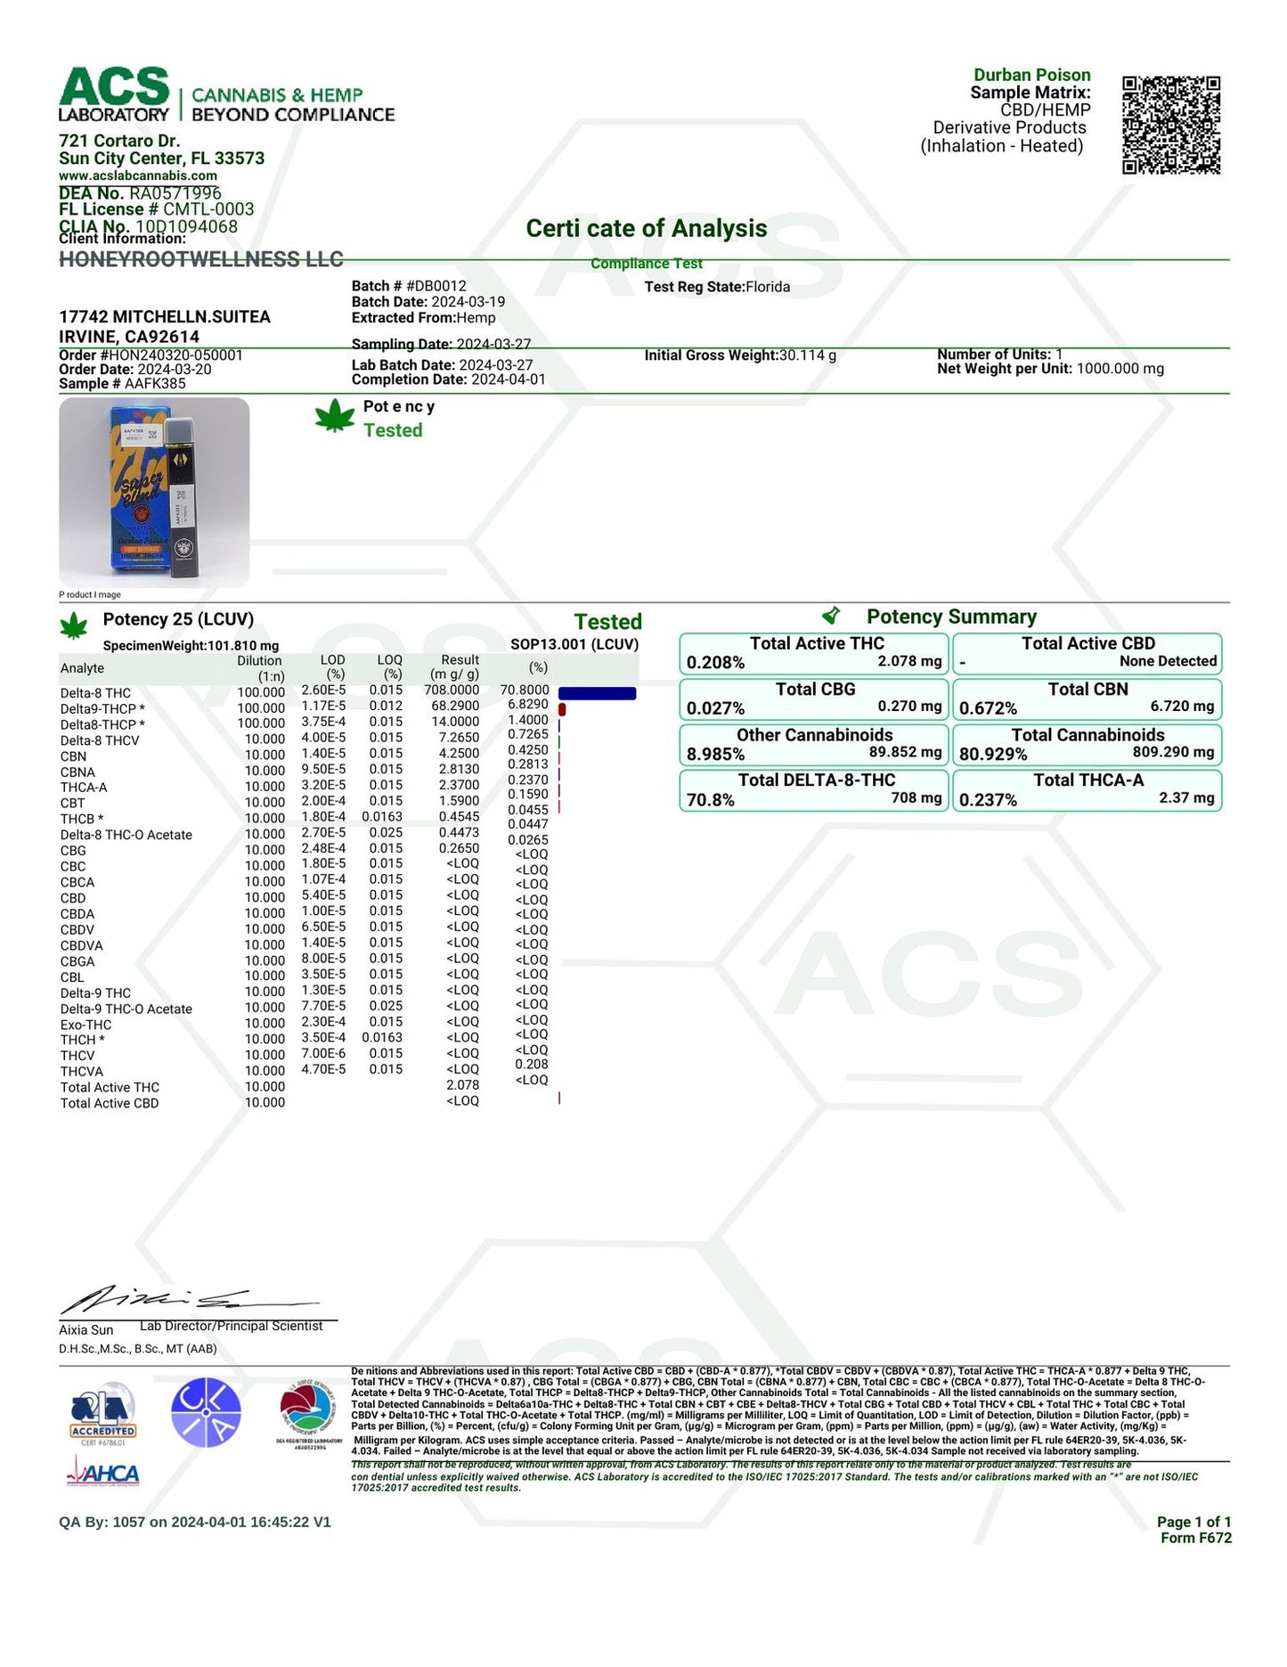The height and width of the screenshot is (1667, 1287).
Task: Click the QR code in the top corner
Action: [x=1170, y=125]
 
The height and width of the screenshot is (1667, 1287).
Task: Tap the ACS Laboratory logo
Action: [x=114, y=94]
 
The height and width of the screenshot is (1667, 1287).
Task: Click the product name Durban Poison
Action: [x=1031, y=75]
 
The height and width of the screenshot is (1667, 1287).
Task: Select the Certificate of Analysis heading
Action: [x=646, y=229]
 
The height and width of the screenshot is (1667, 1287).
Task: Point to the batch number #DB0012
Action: [x=436, y=286]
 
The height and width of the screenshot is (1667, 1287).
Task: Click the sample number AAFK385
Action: [x=155, y=384]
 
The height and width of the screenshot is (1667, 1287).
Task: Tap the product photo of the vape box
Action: [x=154, y=492]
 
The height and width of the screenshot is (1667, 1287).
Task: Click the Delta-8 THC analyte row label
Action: [x=95, y=693]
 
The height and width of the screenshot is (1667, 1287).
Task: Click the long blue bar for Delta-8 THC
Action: [x=597, y=693]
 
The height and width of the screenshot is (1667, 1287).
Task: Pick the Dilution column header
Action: [x=259, y=661]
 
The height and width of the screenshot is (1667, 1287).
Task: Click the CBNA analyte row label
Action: [x=77, y=772]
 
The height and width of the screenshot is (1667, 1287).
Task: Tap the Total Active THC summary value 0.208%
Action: [x=715, y=663]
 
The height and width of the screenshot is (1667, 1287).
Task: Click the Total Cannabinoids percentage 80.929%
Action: [x=993, y=755]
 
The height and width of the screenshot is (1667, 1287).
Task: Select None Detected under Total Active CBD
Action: [x=1168, y=661]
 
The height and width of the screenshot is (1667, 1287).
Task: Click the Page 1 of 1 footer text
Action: [x=1193, y=1522]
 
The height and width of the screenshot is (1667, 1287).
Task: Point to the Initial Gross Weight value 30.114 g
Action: [x=808, y=355]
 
